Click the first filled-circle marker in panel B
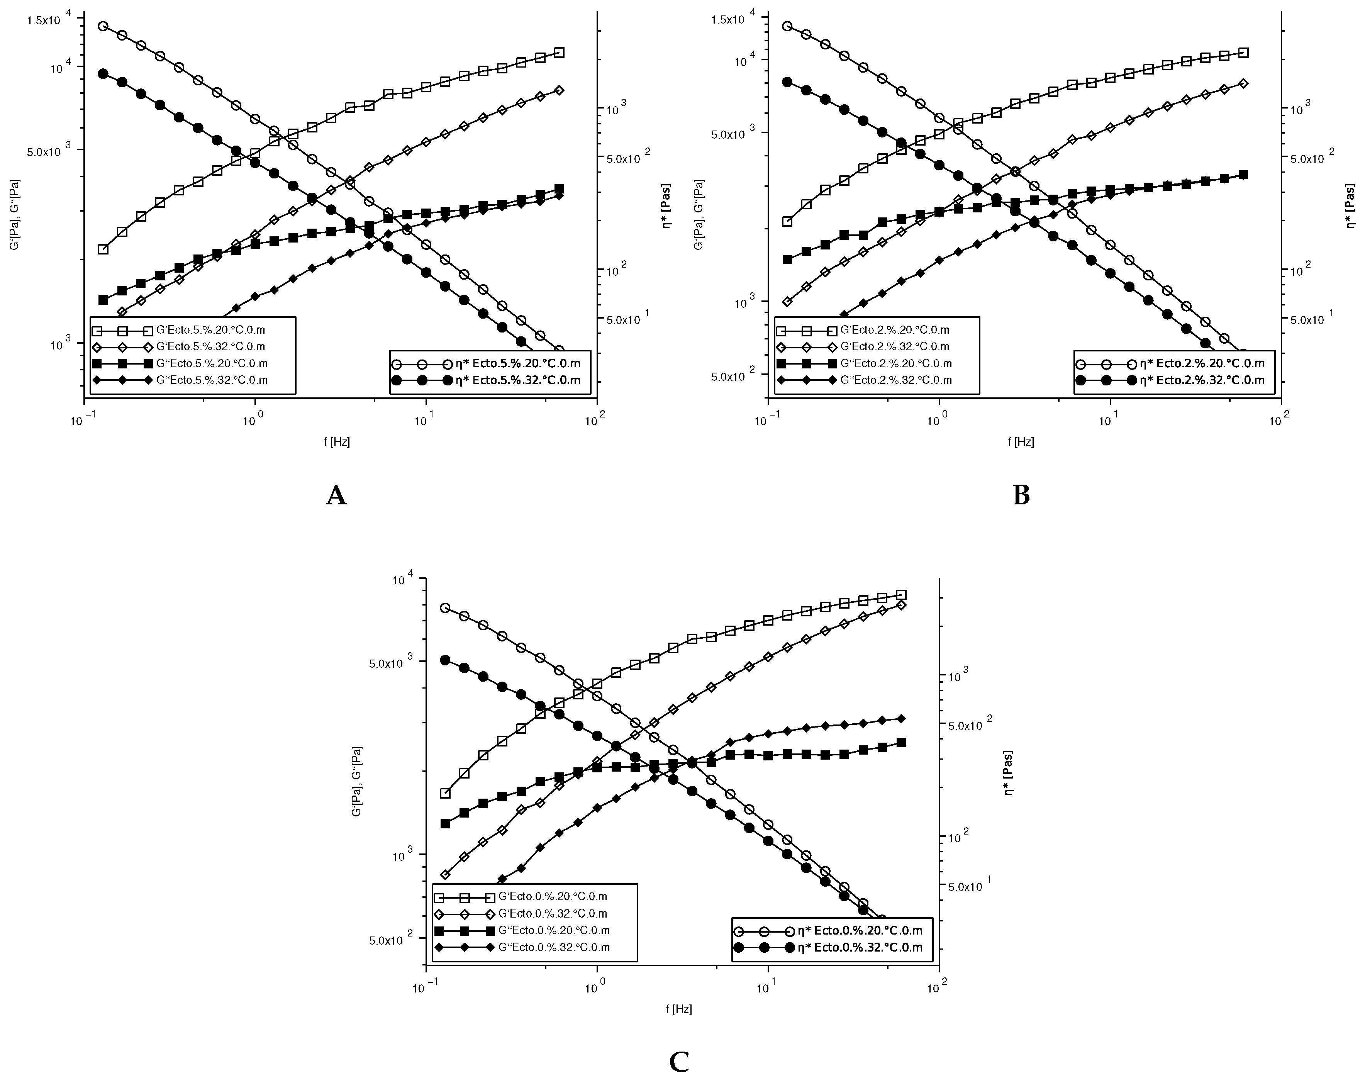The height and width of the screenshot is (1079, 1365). point(787,81)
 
